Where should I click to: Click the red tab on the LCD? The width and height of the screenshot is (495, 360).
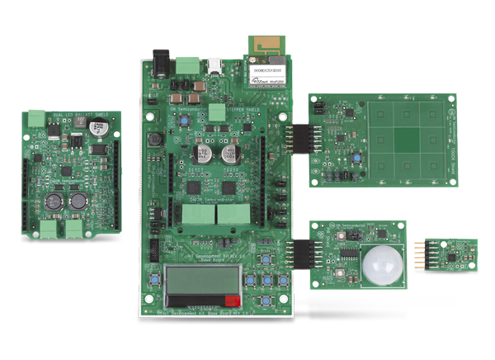(x=233, y=301)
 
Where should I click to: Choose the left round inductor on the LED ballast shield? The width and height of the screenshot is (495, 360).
(x=56, y=201)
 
